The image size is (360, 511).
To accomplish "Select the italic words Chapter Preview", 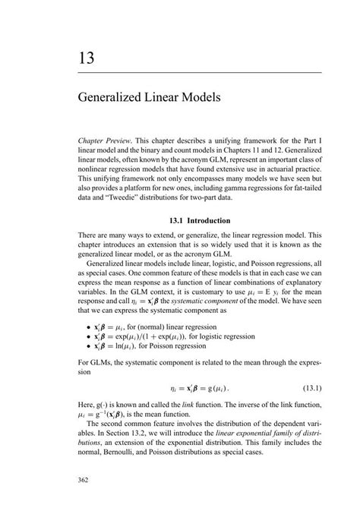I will pyautogui.click(x=105, y=141).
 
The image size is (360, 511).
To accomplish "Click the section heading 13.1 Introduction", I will pyautogui.click(x=201, y=221).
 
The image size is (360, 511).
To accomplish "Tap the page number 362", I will pyautogui.click(x=85, y=459).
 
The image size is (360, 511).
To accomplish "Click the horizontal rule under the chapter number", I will pyautogui.click(x=201, y=72).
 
